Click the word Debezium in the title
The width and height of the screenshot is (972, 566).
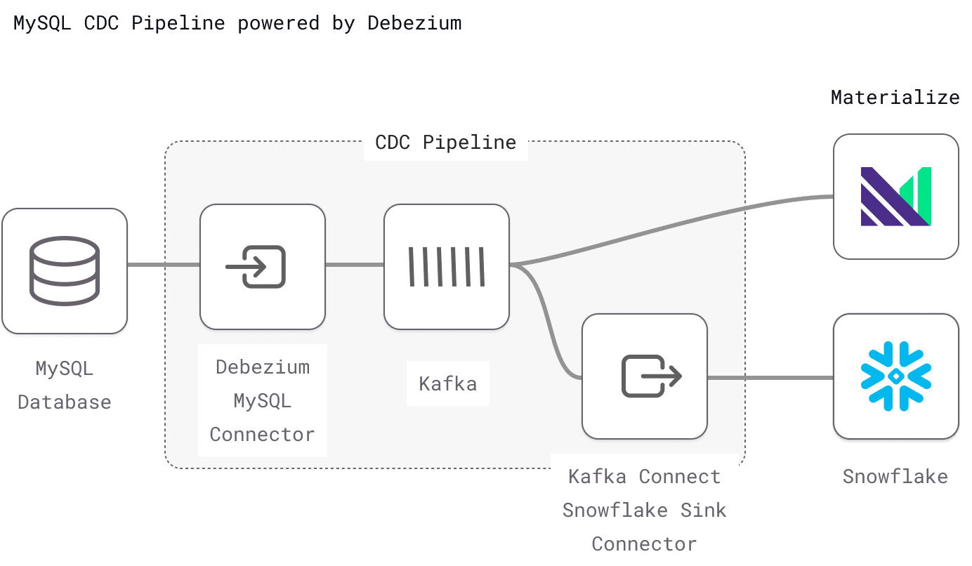[x=414, y=22]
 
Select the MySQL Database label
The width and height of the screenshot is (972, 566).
[x=65, y=385]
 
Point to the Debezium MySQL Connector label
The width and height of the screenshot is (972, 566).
[x=262, y=400]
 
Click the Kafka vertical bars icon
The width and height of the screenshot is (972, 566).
[x=447, y=267]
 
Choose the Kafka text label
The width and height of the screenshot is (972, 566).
[x=447, y=384]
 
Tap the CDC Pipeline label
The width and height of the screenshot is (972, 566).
[x=446, y=143]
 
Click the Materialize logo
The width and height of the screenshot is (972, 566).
[x=895, y=197]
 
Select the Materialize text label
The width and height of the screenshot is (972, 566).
[x=895, y=97]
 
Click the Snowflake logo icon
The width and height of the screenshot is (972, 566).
[x=895, y=376]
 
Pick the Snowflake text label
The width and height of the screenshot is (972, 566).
[x=895, y=476]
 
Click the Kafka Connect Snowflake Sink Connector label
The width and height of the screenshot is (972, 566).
[x=644, y=510]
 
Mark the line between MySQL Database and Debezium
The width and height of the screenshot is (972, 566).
[x=163, y=265]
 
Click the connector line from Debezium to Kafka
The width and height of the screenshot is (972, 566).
[x=355, y=265]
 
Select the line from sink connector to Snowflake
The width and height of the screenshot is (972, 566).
[x=769, y=378]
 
